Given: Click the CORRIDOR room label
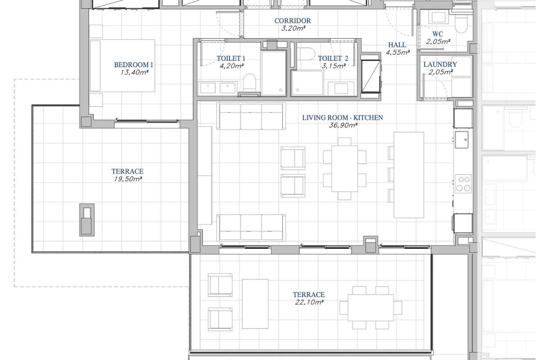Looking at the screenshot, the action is pos(292,21).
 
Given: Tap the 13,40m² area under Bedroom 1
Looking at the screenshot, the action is pos(134,72).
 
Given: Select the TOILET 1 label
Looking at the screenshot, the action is pos(231,58).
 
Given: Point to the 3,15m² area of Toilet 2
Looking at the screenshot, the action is pos(333,66).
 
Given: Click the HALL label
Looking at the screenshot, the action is pos(397,45).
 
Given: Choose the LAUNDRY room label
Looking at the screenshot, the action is pos(440,64).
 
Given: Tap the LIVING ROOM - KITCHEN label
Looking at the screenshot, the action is pos(342,117).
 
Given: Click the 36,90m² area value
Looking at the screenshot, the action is pos(343,125).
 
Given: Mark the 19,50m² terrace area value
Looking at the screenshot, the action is pos(128,179).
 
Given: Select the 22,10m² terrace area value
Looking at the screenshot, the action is pos(309,302).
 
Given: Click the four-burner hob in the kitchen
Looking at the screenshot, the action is pos(463,184).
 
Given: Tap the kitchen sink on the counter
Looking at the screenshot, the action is pos(462,140).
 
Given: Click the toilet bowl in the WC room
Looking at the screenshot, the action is pos(461,24).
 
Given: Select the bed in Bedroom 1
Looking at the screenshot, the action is pos(122,66).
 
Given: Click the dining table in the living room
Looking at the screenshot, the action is pos(345,169).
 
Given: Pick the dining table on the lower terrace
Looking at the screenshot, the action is pos(370,308).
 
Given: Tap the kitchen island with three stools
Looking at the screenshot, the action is pos(409,175).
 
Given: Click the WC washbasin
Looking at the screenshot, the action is pos(438,17).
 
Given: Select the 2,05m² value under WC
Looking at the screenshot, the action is pos(438,41).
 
